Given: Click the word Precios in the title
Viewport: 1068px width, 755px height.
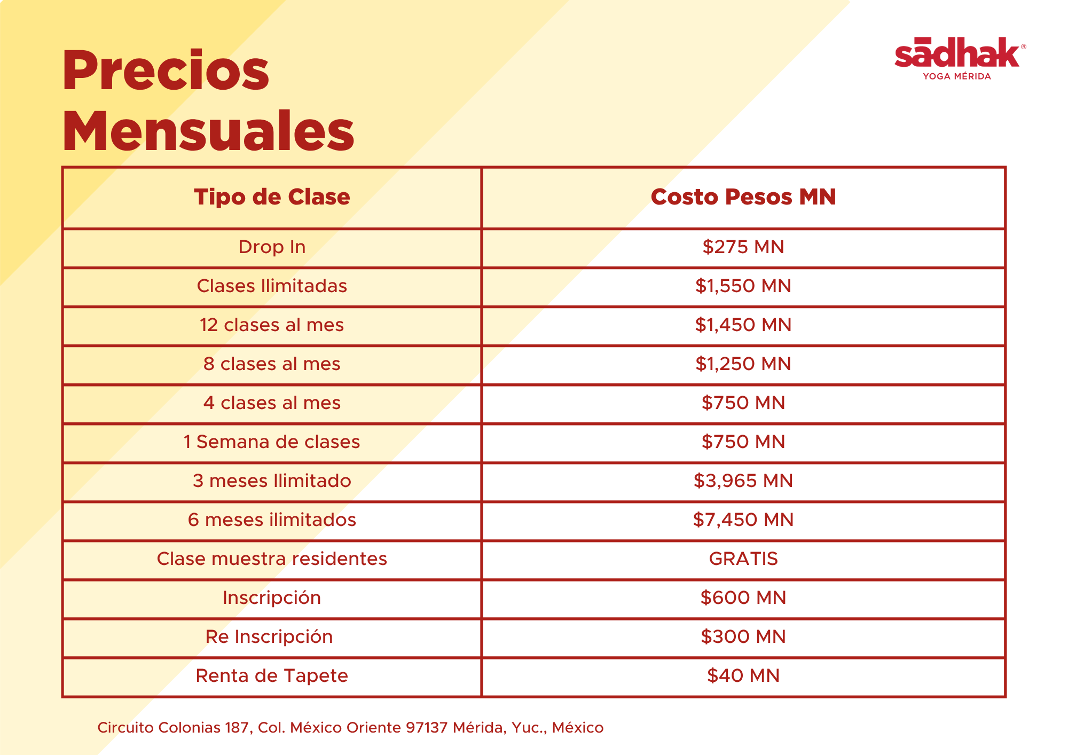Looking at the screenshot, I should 166,72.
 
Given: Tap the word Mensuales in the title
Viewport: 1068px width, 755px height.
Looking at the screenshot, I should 208,131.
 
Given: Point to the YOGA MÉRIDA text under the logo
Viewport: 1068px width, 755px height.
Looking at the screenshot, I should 957,76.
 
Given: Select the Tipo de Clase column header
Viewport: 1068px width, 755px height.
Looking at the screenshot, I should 272,197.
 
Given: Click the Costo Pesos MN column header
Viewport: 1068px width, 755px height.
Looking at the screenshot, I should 743,197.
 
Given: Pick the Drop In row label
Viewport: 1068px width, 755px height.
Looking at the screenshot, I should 272,247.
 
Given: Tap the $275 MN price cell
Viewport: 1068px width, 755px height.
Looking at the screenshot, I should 743,247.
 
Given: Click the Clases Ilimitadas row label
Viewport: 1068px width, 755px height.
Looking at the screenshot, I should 272,286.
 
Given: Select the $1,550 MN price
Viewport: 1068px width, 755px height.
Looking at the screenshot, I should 743,286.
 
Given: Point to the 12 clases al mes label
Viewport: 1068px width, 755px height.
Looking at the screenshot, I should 272,325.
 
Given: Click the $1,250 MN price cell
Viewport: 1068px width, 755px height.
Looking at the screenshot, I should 743,364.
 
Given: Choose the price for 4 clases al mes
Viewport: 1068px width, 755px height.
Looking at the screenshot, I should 743,403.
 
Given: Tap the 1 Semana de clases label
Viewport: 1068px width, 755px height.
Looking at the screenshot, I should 272,442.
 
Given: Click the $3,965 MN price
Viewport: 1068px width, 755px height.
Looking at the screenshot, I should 743,481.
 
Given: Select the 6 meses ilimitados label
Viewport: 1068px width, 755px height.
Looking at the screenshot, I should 272,520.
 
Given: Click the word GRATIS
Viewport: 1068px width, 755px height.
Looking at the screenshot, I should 743,559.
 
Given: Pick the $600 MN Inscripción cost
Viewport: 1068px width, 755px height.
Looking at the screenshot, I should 743,597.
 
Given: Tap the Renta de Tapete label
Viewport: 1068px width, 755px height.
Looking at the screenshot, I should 272,675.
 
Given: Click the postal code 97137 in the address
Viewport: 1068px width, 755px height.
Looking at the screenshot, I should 426,727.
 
